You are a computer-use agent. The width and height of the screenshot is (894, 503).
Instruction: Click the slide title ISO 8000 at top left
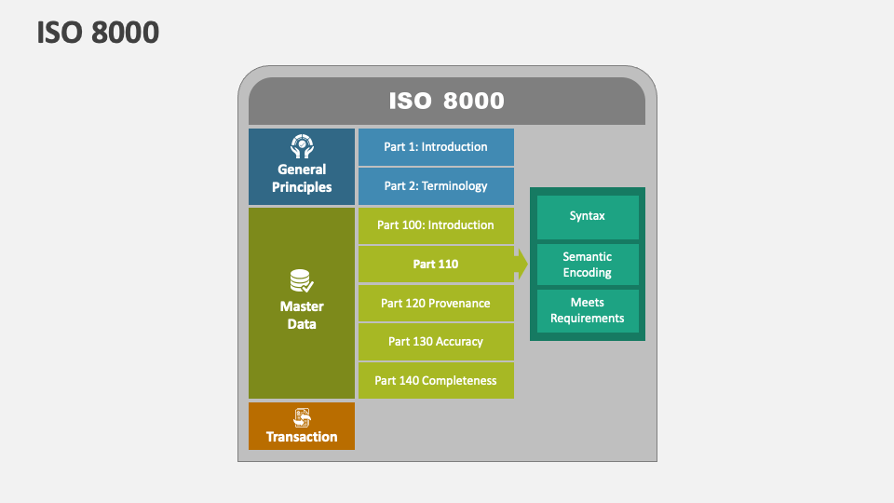pyautogui.click(x=98, y=33)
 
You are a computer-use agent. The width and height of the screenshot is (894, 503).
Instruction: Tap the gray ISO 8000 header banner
pyautogui.click(x=446, y=101)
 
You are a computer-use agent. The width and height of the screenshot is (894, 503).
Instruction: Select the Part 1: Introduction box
pyautogui.click(x=436, y=147)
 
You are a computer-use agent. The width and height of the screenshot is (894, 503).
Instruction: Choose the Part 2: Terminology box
pyautogui.click(x=436, y=186)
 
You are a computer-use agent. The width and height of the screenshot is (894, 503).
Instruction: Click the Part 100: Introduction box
pyautogui.click(x=436, y=225)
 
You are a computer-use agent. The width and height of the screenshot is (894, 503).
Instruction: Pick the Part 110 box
pyautogui.click(x=436, y=265)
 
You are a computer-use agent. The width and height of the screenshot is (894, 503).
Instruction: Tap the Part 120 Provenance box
pyautogui.click(x=436, y=304)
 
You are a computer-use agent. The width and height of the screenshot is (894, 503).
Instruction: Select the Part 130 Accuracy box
pyautogui.click(x=436, y=342)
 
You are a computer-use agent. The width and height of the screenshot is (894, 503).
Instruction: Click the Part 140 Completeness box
pyautogui.click(x=436, y=381)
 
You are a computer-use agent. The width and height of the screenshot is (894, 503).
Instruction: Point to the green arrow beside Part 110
pyautogui.click(x=521, y=265)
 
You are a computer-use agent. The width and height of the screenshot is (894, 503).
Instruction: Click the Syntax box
pyautogui.click(x=588, y=216)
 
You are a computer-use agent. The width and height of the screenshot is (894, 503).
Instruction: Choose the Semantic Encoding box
pyautogui.click(x=588, y=265)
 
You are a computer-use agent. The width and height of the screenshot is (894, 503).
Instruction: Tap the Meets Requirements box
pyautogui.click(x=588, y=310)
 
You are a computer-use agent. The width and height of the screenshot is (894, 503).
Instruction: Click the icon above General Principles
pyautogui.click(x=302, y=146)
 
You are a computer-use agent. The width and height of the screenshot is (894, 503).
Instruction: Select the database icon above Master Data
pyautogui.click(x=301, y=281)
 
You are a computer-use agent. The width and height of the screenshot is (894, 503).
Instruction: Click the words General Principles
pyautogui.click(x=302, y=178)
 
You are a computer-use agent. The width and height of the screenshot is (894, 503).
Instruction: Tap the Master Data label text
pyautogui.click(x=302, y=315)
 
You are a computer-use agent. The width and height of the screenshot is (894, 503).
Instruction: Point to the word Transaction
pyautogui.click(x=302, y=437)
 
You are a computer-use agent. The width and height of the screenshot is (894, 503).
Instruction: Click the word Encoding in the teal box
pyautogui.click(x=588, y=273)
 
